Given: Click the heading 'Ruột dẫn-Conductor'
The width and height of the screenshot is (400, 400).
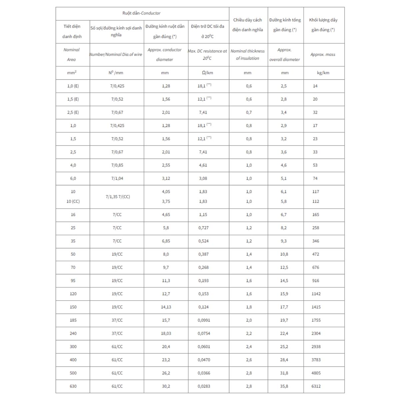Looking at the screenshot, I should pos(141,13).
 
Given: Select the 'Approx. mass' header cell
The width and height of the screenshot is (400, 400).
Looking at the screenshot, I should pos(323,55).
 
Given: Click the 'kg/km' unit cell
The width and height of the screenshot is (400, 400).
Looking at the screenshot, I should pos(323,73).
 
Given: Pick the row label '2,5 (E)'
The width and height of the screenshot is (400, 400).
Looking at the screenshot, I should pos(73,112).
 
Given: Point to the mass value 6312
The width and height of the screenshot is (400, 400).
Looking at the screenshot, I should pos(316,386).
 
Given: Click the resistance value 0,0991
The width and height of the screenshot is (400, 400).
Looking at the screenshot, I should pos(204,320).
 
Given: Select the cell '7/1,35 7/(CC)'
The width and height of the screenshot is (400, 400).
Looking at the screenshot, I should pos(117,197).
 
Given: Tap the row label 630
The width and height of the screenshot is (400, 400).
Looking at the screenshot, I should pos(73,386).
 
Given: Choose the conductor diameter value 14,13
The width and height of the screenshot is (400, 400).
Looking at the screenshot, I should pos(166,307).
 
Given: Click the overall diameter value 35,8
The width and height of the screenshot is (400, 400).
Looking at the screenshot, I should pos(284,386).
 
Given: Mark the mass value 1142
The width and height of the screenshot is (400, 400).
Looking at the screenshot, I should pos(316,294).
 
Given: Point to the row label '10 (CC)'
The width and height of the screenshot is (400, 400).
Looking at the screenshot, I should pos(73,202).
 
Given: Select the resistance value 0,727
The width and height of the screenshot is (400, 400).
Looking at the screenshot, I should pos(203,228).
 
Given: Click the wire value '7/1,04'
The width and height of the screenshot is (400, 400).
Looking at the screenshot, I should pos(117,179).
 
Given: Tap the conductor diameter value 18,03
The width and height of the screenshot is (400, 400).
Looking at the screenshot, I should pos(166,333).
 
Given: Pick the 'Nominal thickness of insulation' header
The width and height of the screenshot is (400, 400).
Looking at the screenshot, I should pos(248,55).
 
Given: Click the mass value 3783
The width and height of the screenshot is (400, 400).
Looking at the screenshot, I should pos(316,360).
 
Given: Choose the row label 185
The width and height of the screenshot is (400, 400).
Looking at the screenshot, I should pos(73,320).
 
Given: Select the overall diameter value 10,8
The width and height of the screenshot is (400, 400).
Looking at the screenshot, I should pos(284,254).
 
